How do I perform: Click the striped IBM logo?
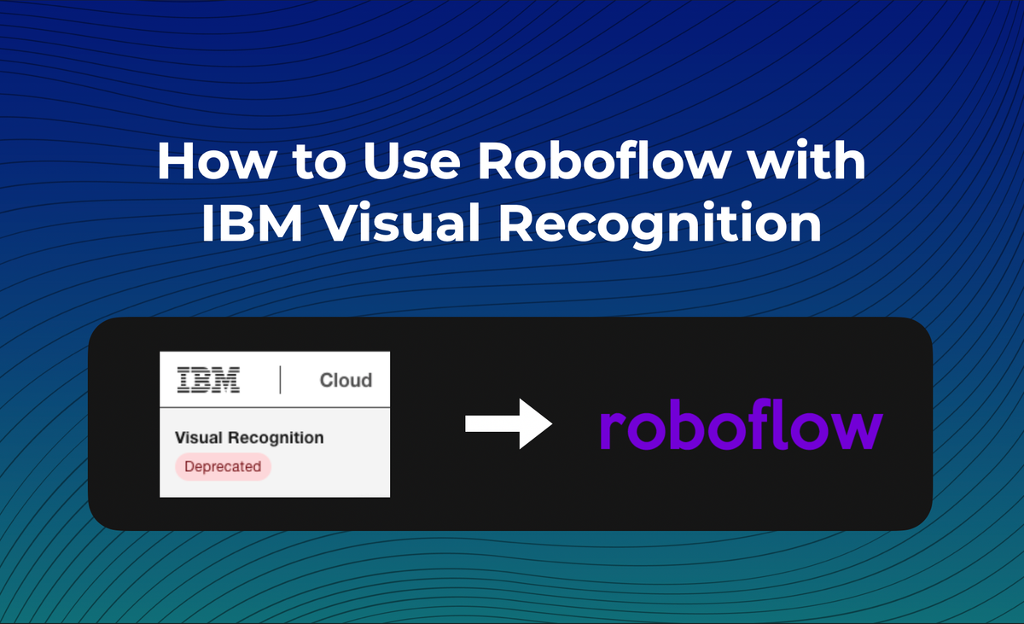[x=208, y=380]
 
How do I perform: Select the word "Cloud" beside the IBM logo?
[x=346, y=381]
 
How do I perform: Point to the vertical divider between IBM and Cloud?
[x=280, y=380]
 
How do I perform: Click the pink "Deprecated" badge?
[x=223, y=467]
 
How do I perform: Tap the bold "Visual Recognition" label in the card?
[x=248, y=438]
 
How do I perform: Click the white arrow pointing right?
[x=509, y=424]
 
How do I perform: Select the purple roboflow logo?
[x=741, y=427]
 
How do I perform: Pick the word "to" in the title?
[x=314, y=163]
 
